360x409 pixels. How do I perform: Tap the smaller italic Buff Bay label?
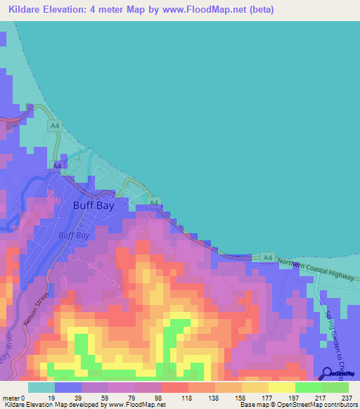pos(73,236)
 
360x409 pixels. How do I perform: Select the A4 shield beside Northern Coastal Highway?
pos(267,259)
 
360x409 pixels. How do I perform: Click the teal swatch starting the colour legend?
pos(41,388)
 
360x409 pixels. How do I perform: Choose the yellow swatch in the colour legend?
pos(282,388)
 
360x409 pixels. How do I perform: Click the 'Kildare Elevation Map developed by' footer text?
pos(52,404)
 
